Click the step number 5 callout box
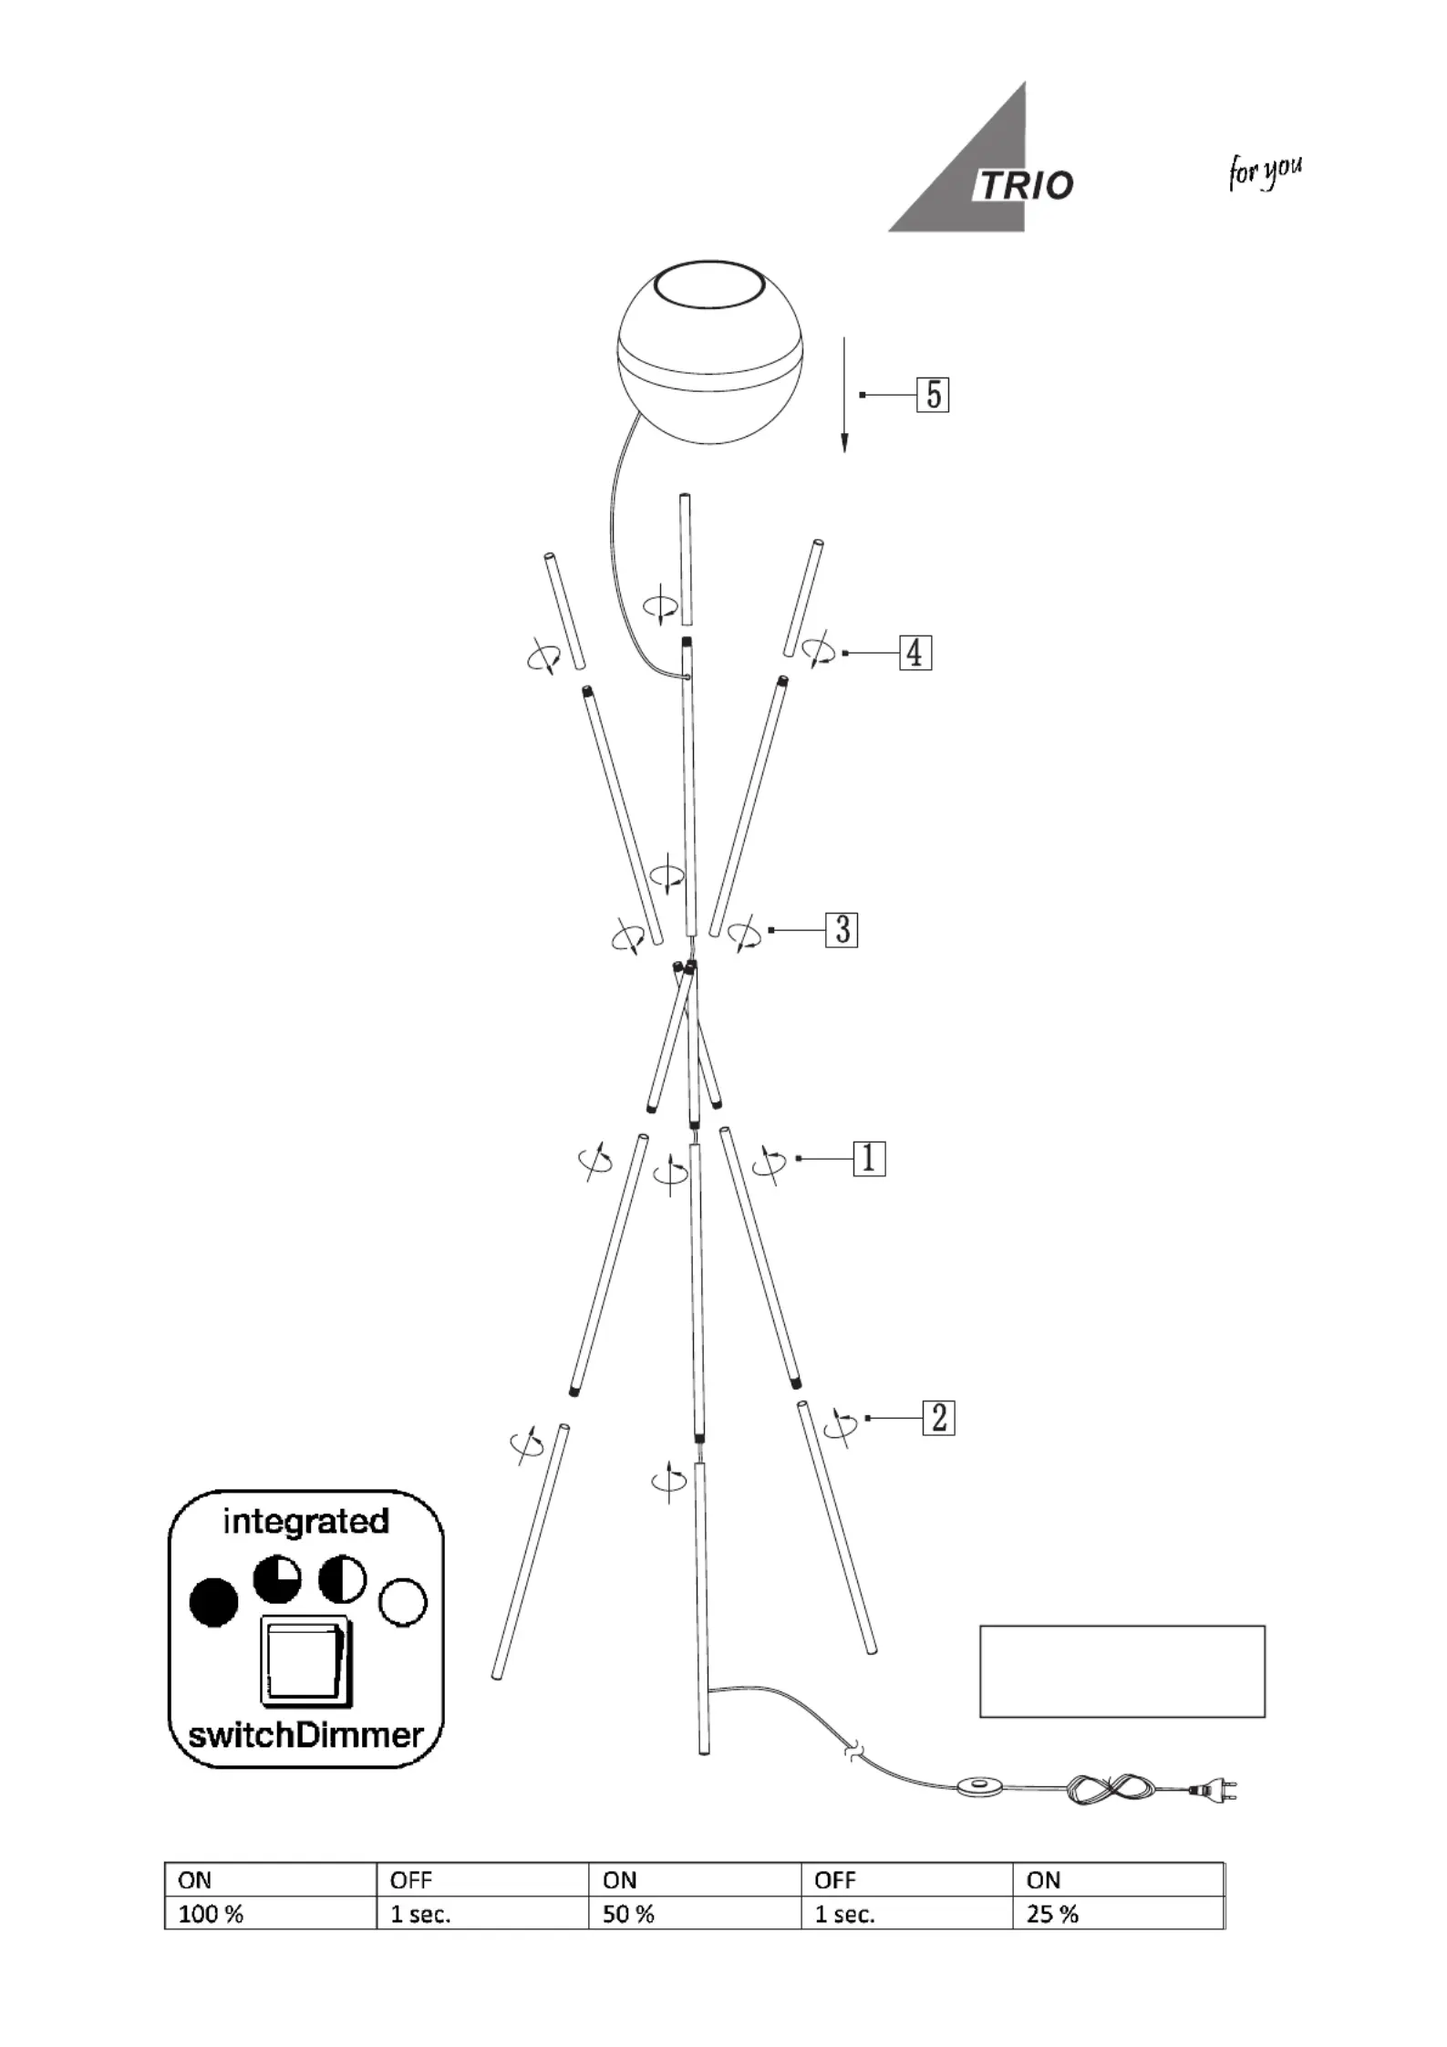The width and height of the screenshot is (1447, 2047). pyautogui.click(x=933, y=395)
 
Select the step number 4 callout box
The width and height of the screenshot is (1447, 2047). pyautogui.click(x=915, y=653)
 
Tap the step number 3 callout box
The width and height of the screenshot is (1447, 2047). pyautogui.click(x=842, y=930)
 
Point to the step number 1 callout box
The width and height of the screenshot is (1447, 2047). pyautogui.click(x=869, y=1158)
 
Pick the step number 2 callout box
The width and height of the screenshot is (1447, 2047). pyautogui.click(x=939, y=1418)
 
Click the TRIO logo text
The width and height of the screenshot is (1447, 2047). pyautogui.click(x=1025, y=185)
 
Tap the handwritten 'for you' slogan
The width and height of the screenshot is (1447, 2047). pyautogui.click(x=1265, y=172)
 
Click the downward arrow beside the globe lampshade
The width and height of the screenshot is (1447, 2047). pyautogui.click(x=844, y=395)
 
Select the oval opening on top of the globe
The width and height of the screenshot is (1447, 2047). pyautogui.click(x=708, y=286)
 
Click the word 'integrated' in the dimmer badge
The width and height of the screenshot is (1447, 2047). pyautogui.click(x=306, y=1521)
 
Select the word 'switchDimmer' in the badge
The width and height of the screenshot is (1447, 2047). pyautogui.click(x=306, y=1733)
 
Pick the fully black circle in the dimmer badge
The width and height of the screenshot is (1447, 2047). pyautogui.click(x=213, y=1602)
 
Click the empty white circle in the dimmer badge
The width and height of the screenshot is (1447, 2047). pyautogui.click(x=403, y=1602)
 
